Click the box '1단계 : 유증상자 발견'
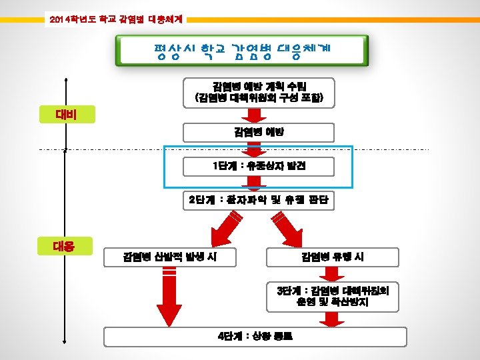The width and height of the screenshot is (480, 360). (x=259, y=166)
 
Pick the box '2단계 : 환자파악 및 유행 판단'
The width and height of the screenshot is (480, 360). (x=259, y=199)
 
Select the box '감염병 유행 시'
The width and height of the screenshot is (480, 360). (x=332, y=257)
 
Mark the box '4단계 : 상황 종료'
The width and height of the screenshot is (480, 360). (x=259, y=335)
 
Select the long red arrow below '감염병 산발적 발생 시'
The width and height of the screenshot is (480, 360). (x=169, y=297)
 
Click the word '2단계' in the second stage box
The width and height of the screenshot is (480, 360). (x=198, y=199)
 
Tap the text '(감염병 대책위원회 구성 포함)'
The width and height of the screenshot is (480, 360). (x=259, y=98)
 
